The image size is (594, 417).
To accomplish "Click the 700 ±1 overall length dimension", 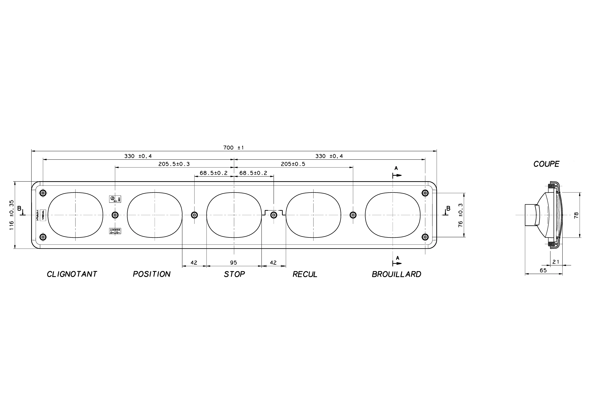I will coord(233,148).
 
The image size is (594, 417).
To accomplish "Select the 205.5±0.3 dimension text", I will coord(174,164).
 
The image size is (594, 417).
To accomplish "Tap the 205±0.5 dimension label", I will coord(293,164).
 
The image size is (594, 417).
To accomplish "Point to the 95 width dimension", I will coord(233,263).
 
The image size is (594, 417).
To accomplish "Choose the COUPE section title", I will coord(546,164).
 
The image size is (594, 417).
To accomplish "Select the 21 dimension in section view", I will coord(556,262).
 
